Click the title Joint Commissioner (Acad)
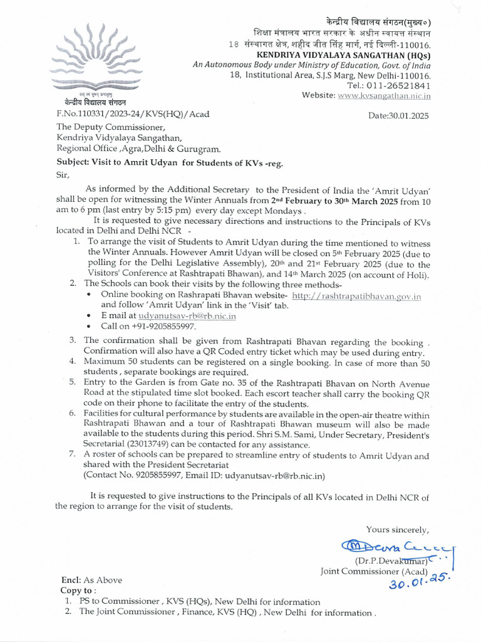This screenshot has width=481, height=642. (374, 571)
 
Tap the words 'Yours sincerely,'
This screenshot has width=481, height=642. (398, 529)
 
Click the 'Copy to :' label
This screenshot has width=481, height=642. (78, 591)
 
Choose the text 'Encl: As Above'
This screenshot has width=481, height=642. (91, 580)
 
